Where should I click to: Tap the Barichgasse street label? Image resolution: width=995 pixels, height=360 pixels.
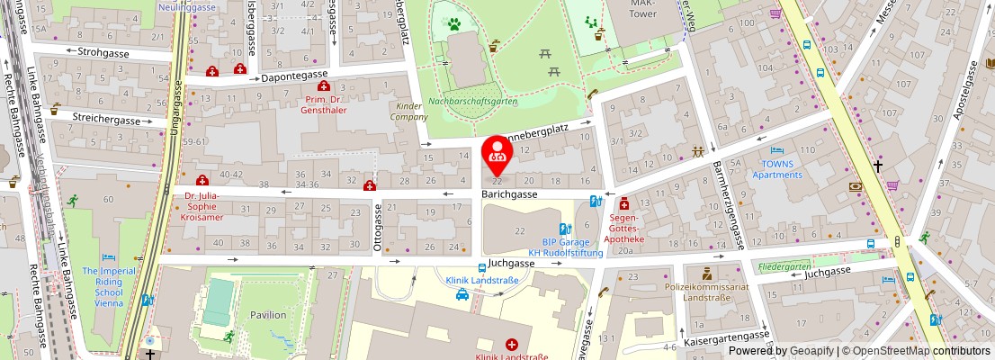[508, 194]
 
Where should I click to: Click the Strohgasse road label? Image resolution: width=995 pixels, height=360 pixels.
[103, 54]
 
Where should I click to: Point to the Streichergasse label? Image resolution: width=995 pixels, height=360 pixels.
[107, 120]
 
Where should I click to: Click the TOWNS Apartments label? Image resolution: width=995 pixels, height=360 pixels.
[781, 169]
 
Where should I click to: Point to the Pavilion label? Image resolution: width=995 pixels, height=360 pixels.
[268, 315]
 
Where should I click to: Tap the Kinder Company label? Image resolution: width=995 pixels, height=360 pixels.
[408, 112]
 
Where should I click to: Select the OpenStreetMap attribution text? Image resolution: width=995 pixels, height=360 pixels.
[910, 351]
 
